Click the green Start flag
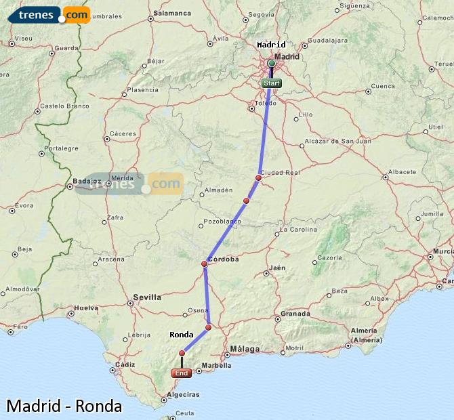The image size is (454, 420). pos(271,83)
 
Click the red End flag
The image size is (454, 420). pos(181,373)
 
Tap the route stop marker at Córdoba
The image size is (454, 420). pos(205,264)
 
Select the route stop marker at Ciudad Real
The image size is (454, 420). pos(258,177)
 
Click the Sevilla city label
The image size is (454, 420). pos(147,297)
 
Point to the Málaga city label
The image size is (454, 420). pos(245,349)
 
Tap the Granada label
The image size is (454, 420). pos(295,314)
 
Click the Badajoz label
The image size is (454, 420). pos(87,182)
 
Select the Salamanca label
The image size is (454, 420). pos(173,13)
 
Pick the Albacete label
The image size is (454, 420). pos(403,172)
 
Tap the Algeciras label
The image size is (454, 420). pos(182,394)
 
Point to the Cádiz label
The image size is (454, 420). pos(125,364)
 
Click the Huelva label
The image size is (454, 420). pos(87,308)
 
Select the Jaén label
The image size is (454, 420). pos(277,268)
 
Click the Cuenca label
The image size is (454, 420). pos(383,86)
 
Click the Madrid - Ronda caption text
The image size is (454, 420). pos(64,406)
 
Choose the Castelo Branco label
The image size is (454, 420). pos(65,106)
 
